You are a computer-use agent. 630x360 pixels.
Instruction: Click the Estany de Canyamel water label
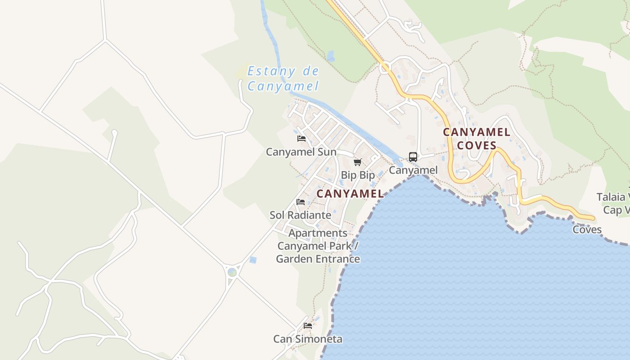(283, 78)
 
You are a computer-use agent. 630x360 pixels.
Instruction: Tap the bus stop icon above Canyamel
(413, 157)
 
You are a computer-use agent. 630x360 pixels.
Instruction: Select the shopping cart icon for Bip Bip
(357, 162)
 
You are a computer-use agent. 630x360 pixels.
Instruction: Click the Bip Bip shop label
(358, 175)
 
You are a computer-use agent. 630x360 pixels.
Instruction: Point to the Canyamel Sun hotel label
(301, 152)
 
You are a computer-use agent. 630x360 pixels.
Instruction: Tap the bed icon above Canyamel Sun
(301, 139)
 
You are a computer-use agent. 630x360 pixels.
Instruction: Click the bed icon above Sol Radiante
(301, 202)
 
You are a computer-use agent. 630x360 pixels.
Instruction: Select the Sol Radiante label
(300, 215)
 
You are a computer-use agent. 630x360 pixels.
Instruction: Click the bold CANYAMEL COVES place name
(477, 139)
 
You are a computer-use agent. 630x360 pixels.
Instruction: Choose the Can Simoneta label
(308, 339)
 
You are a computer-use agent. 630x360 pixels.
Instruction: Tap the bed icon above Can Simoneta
(308, 325)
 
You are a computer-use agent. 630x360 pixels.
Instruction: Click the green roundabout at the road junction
(232, 272)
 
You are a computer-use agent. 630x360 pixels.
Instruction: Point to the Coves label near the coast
(587, 229)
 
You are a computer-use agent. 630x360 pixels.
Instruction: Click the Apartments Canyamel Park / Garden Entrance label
(318, 246)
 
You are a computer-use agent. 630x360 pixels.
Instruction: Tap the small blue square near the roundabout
(253, 260)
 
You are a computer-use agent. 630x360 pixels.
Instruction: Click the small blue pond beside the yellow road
(331, 57)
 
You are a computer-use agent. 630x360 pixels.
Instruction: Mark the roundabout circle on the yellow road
(385, 68)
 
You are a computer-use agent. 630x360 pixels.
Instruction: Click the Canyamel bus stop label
(413, 170)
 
